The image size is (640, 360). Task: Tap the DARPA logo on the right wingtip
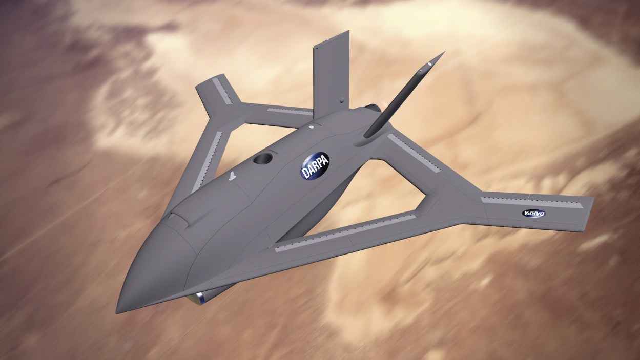(x=533, y=213)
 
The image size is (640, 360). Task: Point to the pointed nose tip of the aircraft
(x=118, y=311)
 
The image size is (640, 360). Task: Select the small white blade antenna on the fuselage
(x=232, y=176)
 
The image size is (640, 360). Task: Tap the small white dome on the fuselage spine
(x=311, y=124)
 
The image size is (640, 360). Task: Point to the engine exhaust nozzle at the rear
(x=373, y=108)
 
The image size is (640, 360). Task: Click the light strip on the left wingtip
(x=222, y=90)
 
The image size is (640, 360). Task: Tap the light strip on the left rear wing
(x=290, y=110)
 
